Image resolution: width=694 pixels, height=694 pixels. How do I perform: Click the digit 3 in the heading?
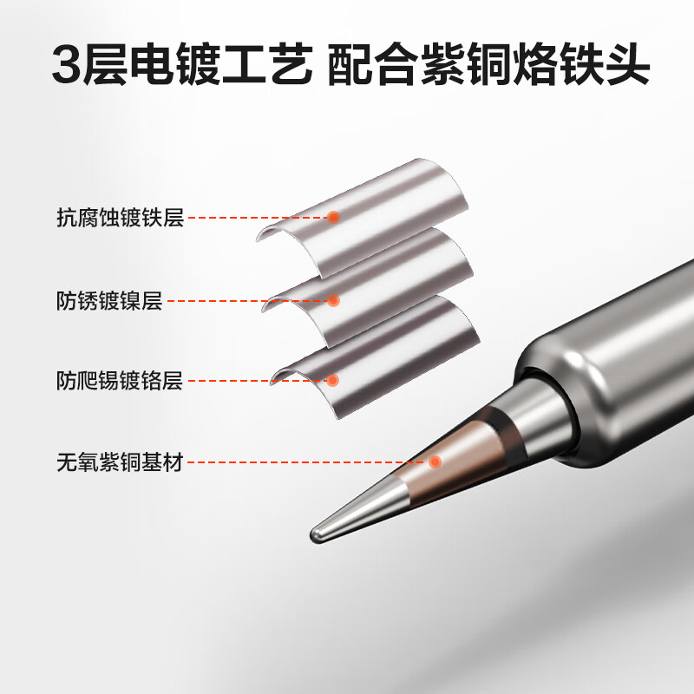pyautogui.click(x=69, y=66)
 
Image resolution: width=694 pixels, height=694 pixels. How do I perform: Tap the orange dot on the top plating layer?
pyautogui.click(x=333, y=218)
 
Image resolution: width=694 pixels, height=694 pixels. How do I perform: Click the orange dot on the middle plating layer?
pyautogui.click(x=333, y=301)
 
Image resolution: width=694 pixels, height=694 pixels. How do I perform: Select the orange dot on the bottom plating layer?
pyautogui.click(x=333, y=380)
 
